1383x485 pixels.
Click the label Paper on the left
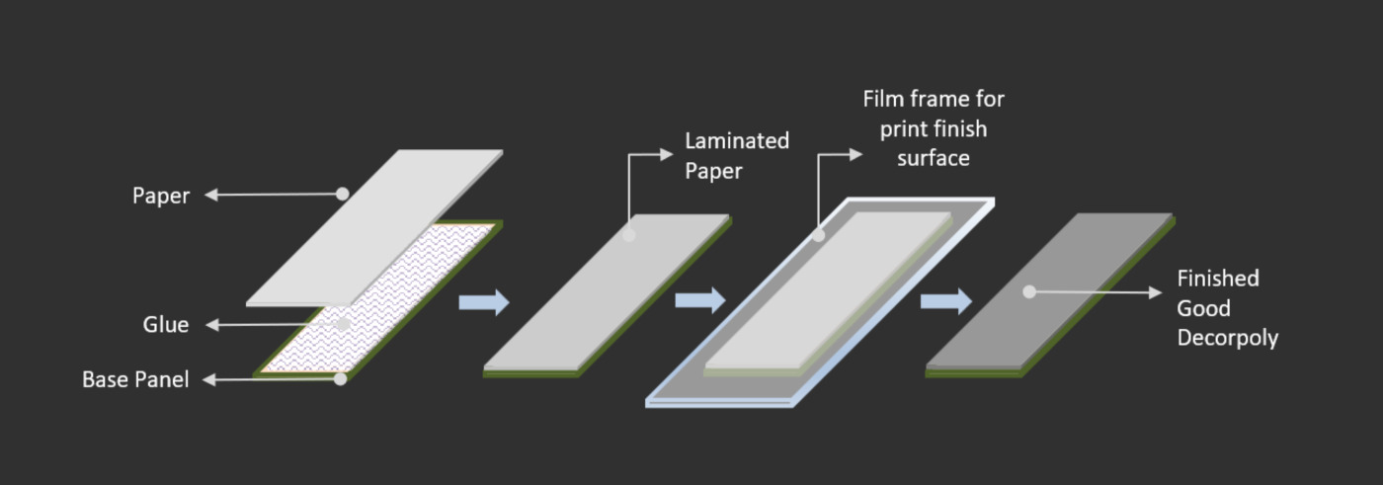tap(160, 197)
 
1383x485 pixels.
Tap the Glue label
tap(166, 325)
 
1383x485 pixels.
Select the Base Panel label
tap(136, 379)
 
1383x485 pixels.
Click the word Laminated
tap(737, 141)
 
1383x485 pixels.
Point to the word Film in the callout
tap(883, 99)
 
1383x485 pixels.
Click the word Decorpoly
tap(1227, 338)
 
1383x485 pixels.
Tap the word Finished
tap(1217, 279)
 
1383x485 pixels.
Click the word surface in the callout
tap(933, 159)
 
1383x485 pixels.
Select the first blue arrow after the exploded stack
tap(484, 302)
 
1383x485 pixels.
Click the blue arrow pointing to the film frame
tap(700, 300)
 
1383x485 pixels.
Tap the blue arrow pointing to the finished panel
tap(946, 301)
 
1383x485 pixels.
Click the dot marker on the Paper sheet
tap(343, 194)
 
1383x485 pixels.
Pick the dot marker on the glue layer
tap(344, 324)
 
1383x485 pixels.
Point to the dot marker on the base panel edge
tap(340, 379)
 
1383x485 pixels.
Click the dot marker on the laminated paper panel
tap(629, 234)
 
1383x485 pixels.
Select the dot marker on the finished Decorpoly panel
tap(1029, 291)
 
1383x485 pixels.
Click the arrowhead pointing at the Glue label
tap(212, 325)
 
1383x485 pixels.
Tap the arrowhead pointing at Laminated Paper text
tap(666, 154)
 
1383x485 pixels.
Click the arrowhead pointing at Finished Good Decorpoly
tap(1155, 292)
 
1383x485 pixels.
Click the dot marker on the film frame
tap(819, 235)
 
